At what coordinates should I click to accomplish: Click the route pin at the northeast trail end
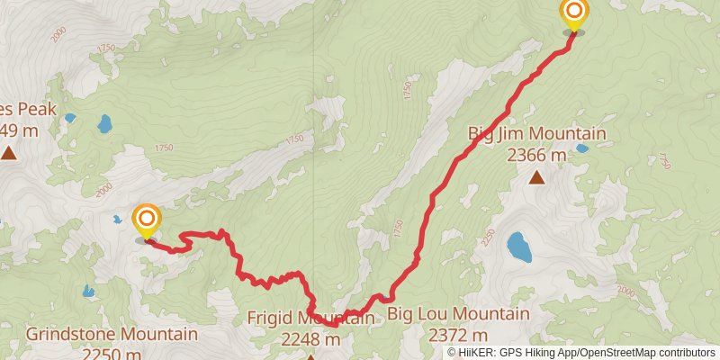coord(573,14)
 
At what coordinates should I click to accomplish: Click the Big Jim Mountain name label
coord(536,134)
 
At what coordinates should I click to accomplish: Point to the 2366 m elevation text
coord(536,155)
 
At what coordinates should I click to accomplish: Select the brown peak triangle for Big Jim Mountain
coord(536,177)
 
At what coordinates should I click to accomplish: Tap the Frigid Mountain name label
coord(310,318)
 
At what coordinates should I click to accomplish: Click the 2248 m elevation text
coord(310,339)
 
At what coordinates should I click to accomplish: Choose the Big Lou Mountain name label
coord(458,314)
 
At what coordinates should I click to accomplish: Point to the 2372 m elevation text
coord(458,336)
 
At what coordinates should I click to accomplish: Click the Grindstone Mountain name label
coord(112,335)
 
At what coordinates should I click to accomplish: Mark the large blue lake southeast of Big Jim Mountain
coord(518,247)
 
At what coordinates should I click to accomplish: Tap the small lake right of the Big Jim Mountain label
coord(582,148)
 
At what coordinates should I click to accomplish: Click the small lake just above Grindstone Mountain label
coord(88,292)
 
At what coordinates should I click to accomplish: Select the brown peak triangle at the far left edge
coord(9,154)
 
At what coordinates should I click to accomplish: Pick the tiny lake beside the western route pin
coord(117,220)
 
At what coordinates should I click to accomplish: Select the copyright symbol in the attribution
coord(452,352)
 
